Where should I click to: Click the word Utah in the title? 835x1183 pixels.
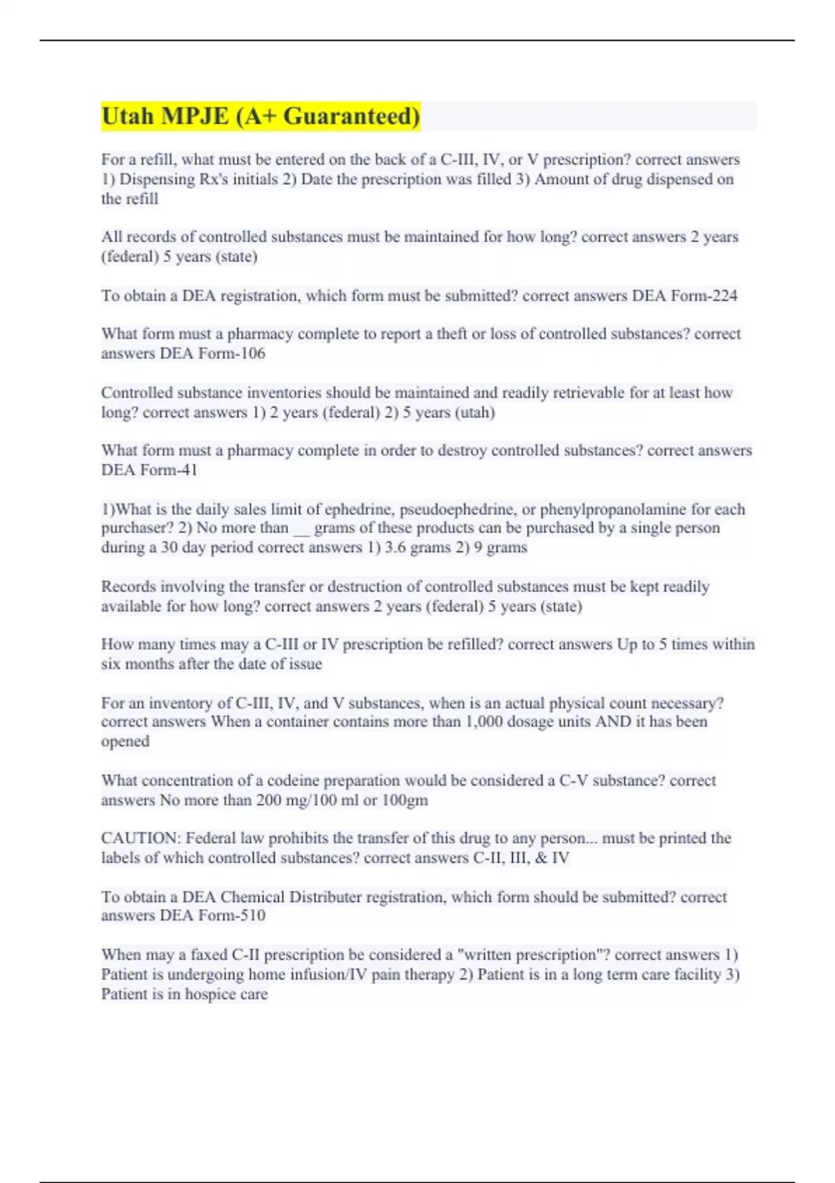click(128, 116)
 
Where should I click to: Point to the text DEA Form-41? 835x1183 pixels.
click(149, 470)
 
